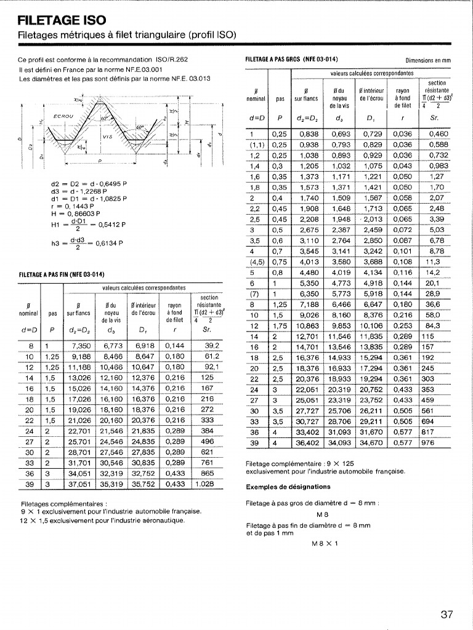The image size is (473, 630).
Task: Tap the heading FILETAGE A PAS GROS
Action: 291,60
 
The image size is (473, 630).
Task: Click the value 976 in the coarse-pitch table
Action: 428,442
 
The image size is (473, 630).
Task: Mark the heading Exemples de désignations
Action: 280,487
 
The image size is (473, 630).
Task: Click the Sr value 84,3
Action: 433,325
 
